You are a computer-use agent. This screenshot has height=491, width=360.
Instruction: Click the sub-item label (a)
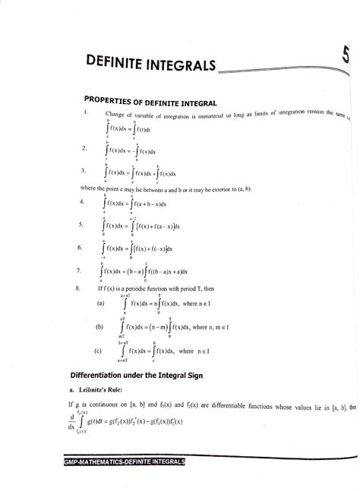pyautogui.click(x=100, y=306)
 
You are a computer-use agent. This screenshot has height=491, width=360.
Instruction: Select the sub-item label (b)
pyautogui.click(x=100, y=329)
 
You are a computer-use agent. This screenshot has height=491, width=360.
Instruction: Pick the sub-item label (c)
pyautogui.click(x=100, y=351)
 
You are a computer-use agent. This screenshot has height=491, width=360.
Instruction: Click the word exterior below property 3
pyautogui.click(x=228, y=187)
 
